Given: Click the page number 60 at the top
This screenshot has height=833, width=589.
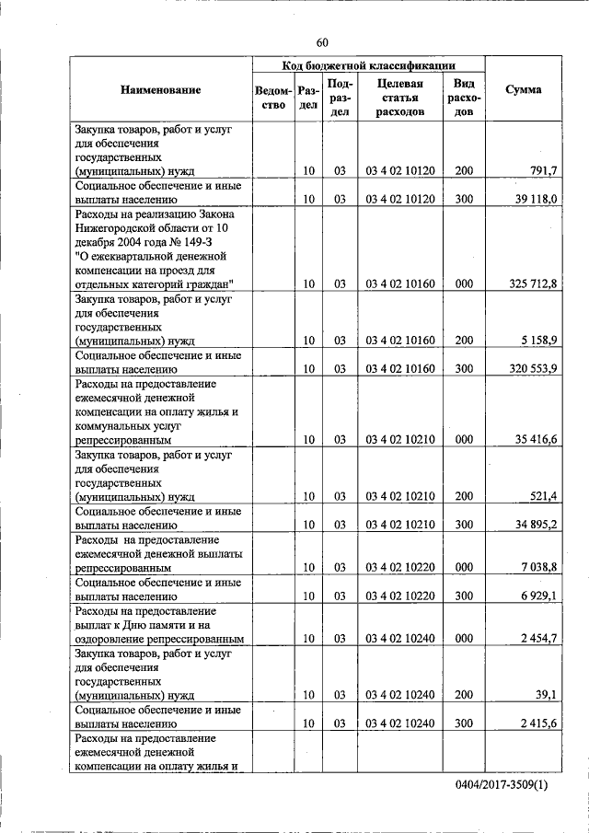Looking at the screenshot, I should pyautogui.click(x=321, y=42).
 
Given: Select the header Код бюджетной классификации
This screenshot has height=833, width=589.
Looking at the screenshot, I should pyautogui.click(x=368, y=66).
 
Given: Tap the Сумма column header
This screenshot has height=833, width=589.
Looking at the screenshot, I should pyautogui.click(x=523, y=90).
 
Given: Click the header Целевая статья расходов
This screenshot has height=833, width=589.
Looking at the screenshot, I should pyautogui.click(x=399, y=97).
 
